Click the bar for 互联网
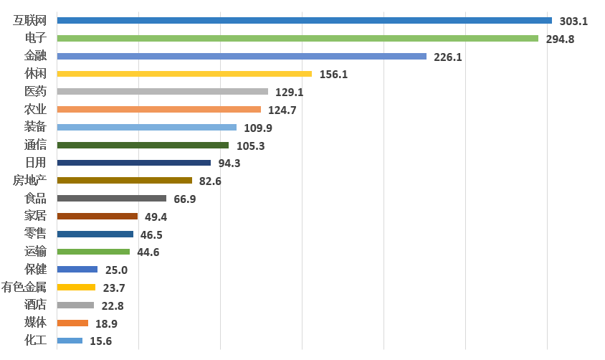[304, 20]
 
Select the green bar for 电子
[297, 38]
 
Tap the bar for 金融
[241, 56]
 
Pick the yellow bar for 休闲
[184, 74]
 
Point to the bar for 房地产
[124, 181]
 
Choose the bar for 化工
[70, 341]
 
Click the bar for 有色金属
[75, 288]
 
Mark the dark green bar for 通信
[142, 145]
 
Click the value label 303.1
[573, 22]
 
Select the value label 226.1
[448, 57]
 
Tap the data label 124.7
[282, 110]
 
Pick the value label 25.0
[116, 270]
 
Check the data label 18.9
[107, 323]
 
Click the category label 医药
[35, 92]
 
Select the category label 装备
[35, 127]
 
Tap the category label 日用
[35, 163]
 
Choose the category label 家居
[35, 216]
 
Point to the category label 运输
[35, 252]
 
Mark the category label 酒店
[35, 305]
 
